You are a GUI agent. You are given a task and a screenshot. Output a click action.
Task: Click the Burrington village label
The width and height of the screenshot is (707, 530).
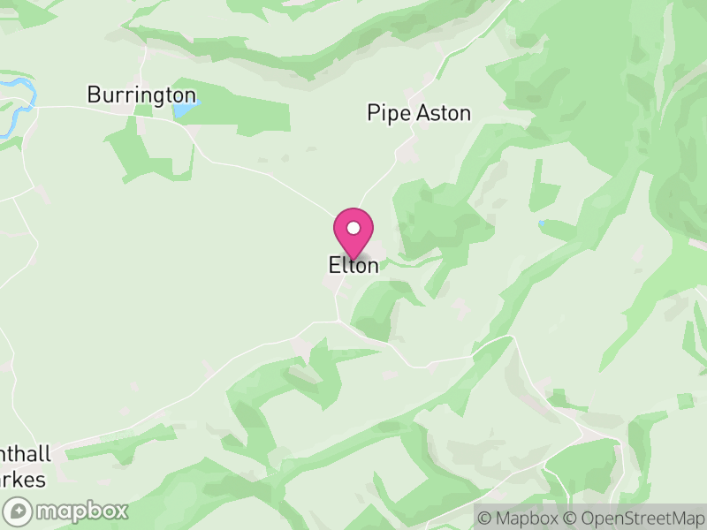point(141,95)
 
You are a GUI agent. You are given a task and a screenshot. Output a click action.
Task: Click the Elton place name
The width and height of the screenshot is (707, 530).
point(353,265)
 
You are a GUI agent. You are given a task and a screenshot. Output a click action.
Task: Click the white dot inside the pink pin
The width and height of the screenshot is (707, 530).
point(353,228)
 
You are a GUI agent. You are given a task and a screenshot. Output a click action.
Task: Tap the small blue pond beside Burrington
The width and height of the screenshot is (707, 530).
point(186,110)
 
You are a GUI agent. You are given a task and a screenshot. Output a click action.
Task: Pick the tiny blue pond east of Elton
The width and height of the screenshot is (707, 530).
point(541,223)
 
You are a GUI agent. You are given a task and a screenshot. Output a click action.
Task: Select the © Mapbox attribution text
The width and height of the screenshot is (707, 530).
point(523,518)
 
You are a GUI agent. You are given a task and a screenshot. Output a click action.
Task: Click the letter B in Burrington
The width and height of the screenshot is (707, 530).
point(94,95)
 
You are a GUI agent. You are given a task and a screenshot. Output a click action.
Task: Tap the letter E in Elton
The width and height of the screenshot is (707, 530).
point(334,265)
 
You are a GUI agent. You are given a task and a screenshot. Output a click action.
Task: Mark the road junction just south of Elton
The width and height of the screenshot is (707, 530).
point(337,321)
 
